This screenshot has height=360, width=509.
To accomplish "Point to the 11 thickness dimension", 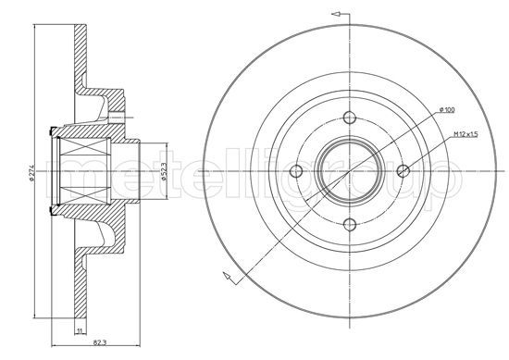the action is tap(80, 330).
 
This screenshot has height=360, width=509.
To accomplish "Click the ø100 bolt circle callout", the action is tap(447, 110).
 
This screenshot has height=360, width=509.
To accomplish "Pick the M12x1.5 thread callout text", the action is tap(466, 134).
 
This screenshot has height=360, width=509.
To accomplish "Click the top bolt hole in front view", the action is tap(350, 118).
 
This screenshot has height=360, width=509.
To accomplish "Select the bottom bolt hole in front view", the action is tap(350, 224).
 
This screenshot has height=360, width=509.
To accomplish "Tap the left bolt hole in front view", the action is tap(296, 171).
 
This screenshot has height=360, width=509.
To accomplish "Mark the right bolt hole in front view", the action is tap(403, 171).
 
